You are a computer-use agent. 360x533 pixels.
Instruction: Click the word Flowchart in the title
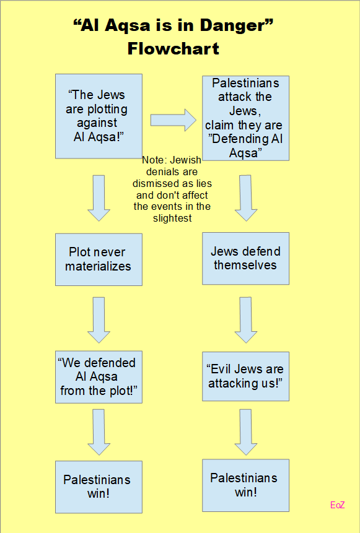173,49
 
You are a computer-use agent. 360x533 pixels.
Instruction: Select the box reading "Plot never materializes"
99,259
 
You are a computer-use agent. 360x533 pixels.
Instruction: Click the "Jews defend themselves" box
245,258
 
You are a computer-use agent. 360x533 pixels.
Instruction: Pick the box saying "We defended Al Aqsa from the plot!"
99,377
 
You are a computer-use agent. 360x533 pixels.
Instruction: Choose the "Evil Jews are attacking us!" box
245,376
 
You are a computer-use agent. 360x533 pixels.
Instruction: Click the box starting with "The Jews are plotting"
99,116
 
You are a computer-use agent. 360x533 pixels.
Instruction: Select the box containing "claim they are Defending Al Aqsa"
245,118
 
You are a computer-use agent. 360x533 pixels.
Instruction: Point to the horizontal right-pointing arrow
173,120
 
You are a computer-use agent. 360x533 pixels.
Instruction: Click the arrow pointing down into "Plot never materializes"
99,198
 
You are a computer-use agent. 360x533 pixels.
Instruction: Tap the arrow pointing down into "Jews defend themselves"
245,198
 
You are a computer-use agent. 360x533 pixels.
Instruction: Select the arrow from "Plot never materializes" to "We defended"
99,320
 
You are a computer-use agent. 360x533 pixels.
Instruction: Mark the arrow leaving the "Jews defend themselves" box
245,320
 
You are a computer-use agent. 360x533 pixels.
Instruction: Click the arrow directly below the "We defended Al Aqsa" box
99,432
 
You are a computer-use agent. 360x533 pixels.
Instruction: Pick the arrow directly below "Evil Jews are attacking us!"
245,432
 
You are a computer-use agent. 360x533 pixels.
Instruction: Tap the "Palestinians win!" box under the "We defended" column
99,487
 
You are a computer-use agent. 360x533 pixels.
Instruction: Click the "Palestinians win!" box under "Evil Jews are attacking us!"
245,485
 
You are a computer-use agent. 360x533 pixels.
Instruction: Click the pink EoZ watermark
338,505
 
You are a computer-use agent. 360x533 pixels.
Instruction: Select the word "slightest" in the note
172,219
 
